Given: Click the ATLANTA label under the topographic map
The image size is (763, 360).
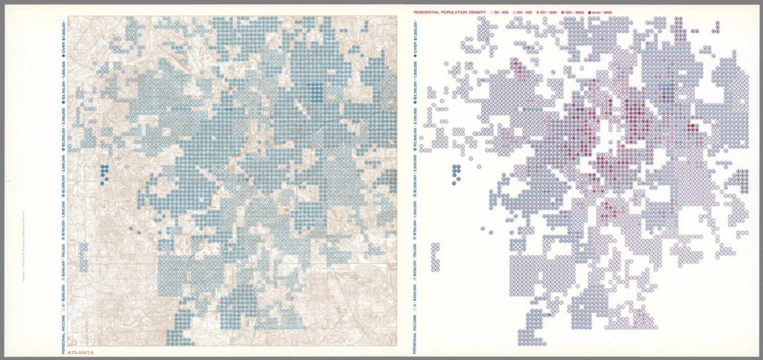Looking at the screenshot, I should pyautogui.click(x=80, y=352).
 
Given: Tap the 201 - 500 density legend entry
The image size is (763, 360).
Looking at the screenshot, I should pyautogui.click(x=522, y=11).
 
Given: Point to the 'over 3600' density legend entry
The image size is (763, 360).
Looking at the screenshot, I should pyautogui.click(x=600, y=11).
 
